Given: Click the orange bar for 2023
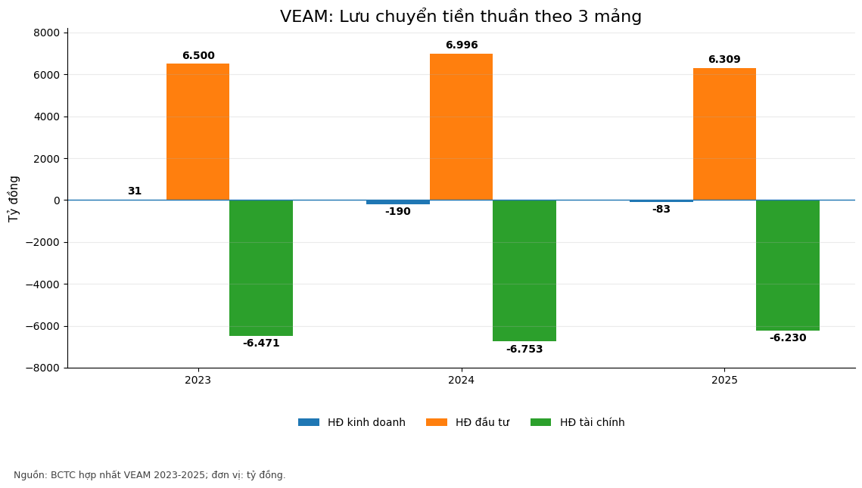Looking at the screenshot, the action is [198, 132].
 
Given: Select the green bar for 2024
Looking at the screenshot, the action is [524, 270].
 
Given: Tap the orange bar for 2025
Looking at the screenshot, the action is [724, 134].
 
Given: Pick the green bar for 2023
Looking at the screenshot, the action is [261, 268].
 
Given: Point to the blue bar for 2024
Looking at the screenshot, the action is [398, 202].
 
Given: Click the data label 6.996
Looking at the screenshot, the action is [462, 45].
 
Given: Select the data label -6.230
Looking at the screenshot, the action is [788, 338].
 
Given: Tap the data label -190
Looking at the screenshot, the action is [398, 212].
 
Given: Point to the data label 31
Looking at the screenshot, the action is [135, 191].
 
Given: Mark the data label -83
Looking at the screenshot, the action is [661, 210].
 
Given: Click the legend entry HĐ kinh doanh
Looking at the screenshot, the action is [352, 423].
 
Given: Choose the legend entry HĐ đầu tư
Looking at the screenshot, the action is [468, 423].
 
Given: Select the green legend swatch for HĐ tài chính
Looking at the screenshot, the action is [540, 423].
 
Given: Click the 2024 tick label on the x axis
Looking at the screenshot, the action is [461, 381].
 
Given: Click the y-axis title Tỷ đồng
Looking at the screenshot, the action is [14, 199].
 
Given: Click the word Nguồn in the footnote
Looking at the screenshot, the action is [30, 475].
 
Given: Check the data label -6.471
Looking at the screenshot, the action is [261, 343].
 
